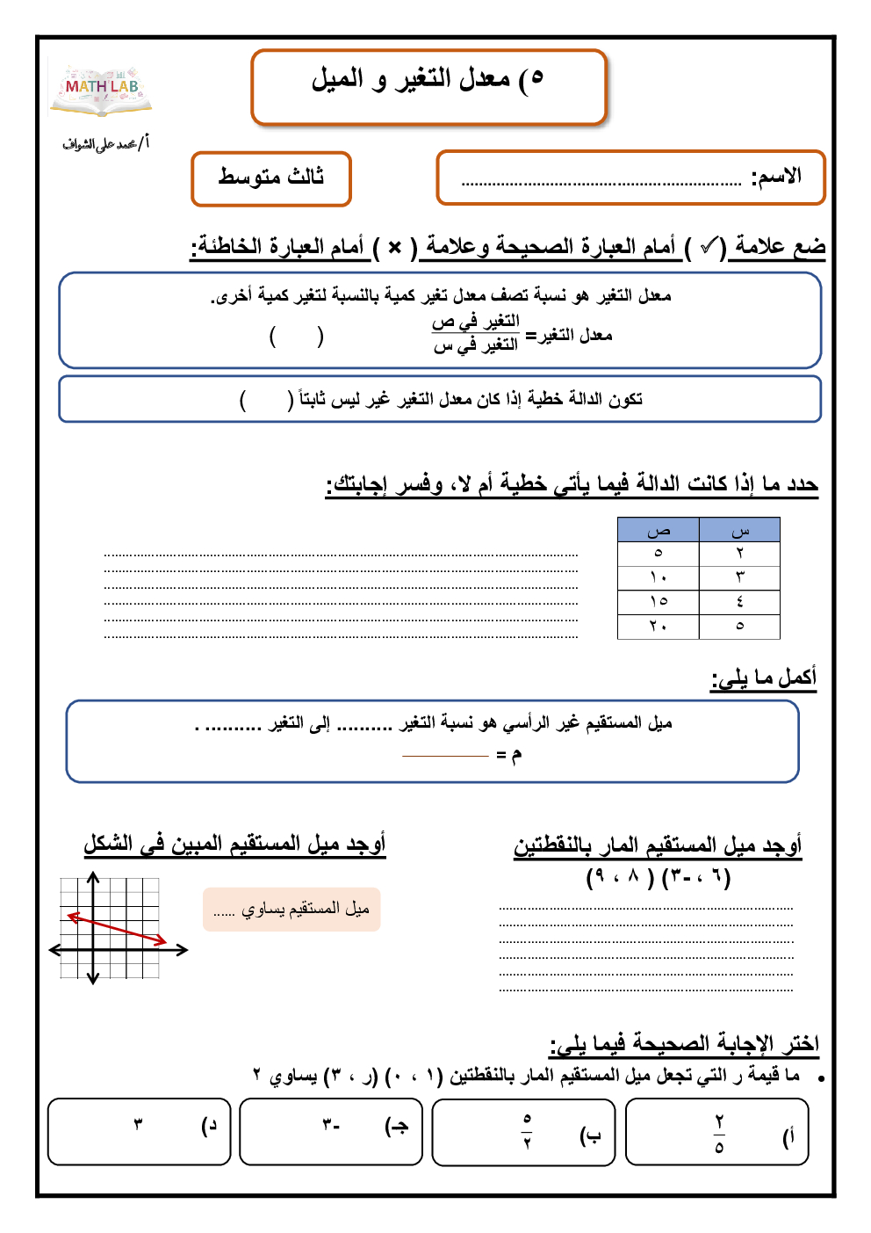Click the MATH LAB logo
tap(102, 89)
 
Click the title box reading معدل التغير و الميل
tap(428, 86)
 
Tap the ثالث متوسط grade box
tap(271, 178)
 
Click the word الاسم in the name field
tap(776, 178)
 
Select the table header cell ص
tap(659, 530)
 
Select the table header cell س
tap(739, 530)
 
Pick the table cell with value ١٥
tap(659, 601)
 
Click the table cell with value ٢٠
tap(659, 626)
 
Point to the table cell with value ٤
tap(739, 601)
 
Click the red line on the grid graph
tap(117, 929)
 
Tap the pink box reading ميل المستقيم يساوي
tap(292, 909)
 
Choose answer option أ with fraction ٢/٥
tap(717, 1134)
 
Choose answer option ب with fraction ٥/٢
tap(524, 1133)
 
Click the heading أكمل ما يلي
tap(764, 678)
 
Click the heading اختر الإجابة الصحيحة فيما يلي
tap(684, 1044)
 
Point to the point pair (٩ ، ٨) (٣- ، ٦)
tap(659, 877)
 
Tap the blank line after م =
tap(444, 756)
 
